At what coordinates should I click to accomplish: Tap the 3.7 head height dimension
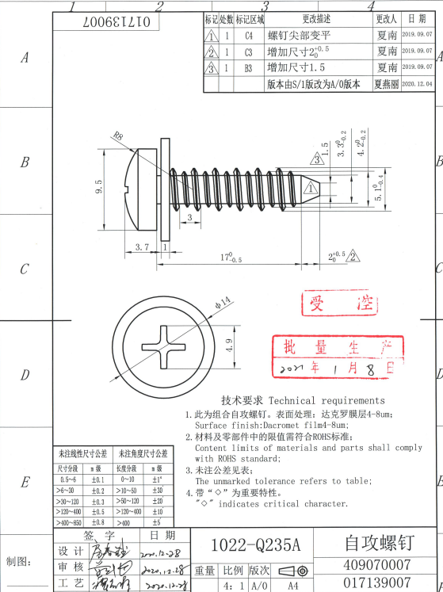click(x=142, y=247)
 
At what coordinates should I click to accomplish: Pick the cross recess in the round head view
click(x=164, y=345)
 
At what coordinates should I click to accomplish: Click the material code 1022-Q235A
click(x=257, y=545)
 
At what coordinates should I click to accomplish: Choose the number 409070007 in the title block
click(x=377, y=565)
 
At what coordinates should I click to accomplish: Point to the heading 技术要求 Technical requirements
click(x=303, y=400)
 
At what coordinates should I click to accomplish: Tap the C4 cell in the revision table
click(x=249, y=36)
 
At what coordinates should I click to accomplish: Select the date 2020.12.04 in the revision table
click(x=418, y=83)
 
